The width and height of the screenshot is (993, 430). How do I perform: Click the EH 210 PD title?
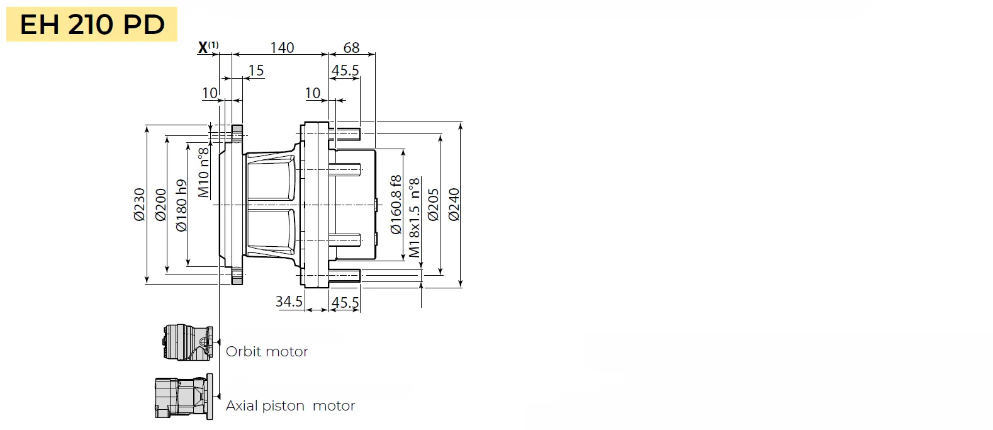[x=92, y=25]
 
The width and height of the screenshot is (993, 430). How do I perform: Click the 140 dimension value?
[x=282, y=47]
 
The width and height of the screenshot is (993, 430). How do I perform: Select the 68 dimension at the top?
[x=351, y=47]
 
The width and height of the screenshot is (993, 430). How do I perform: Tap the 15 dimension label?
[x=256, y=71]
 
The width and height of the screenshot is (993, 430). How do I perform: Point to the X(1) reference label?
[x=208, y=47]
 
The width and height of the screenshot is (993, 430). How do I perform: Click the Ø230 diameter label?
[x=139, y=205]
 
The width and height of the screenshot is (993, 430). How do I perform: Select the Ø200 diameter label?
[x=161, y=205]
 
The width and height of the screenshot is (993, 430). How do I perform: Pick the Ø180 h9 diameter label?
[x=181, y=205]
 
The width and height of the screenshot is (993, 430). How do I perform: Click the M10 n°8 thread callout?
[x=203, y=173]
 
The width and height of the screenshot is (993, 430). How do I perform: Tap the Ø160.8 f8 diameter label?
[x=396, y=204]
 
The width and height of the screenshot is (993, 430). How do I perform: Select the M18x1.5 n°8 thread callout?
[x=414, y=217]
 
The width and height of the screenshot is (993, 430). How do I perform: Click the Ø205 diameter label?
[x=434, y=205]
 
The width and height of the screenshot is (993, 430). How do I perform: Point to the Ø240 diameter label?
[x=454, y=205]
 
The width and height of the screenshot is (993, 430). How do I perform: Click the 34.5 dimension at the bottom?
[x=289, y=302]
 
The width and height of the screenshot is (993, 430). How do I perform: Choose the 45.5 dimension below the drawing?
[x=345, y=302]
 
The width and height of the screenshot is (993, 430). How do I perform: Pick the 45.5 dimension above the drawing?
[x=345, y=70]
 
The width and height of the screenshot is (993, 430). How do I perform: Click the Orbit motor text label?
[x=267, y=351]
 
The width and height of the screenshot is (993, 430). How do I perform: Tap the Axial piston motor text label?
[x=290, y=405]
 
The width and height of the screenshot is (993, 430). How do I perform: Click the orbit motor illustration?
[x=188, y=343]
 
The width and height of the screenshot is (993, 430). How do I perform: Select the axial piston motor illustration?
[x=183, y=397]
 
